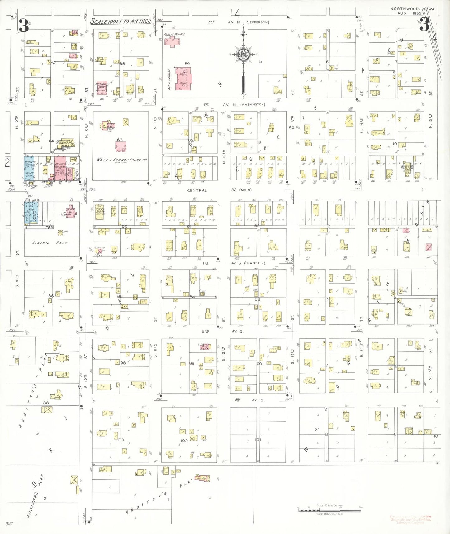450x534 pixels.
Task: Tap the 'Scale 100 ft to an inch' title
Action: pos(121,21)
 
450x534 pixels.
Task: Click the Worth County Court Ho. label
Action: pos(121,160)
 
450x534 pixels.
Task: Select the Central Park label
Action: pos(50,242)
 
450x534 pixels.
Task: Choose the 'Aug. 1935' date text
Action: pos(409,13)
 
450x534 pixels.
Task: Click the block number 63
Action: pos(120,140)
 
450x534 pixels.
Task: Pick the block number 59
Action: pos(187,64)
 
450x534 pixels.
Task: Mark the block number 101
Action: pos(258,440)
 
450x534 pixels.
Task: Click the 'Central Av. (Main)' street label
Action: pos(219,190)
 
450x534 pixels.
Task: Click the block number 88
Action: pos(46,403)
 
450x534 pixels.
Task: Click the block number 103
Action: pos(121,440)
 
